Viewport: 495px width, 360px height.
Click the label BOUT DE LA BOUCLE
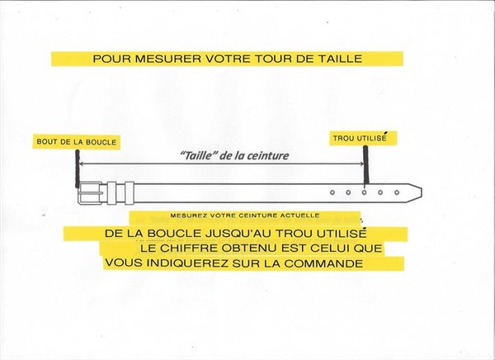(x=77, y=142)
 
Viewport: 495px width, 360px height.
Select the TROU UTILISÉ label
(x=360, y=138)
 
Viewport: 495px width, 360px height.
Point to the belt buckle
(x=90, y=193)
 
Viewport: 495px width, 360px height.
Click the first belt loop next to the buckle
(x=111, y=193)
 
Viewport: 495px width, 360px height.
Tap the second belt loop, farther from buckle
(x=130, y=193)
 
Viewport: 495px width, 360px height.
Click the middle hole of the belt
(x=365, y=192)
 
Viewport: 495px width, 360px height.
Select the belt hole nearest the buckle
(x=332, y=192)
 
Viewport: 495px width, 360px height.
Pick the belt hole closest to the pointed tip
(x=397, y=192)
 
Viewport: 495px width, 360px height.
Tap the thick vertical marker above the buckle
(x=78, y=168)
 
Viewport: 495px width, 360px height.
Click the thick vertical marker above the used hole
(x=365, y=165)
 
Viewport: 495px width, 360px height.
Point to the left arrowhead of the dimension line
(x=81, y=163)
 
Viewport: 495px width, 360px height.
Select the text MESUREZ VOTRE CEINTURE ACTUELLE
(x=245, y=216)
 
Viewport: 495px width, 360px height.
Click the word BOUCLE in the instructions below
(x=174, y=234)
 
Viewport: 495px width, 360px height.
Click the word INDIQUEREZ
(x=187, y=263)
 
